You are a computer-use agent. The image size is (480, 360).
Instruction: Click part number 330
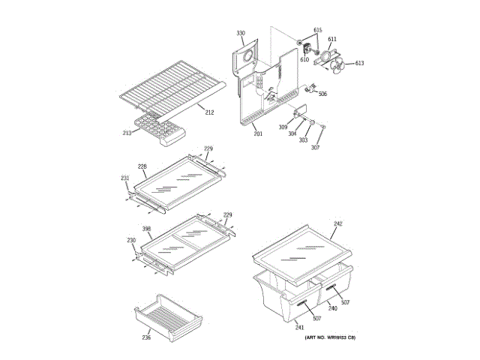[241, 34]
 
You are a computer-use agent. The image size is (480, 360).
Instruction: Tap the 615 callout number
[318, 30]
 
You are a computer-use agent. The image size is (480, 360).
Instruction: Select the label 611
[332, 39]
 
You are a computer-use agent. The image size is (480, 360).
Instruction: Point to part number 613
[359, 63]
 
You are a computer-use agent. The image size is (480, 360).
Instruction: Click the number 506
[322, 94]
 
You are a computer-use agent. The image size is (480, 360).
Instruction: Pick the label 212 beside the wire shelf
[209, 112]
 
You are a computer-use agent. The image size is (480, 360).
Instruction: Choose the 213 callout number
[127, 133]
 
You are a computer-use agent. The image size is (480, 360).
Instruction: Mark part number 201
[258, 133]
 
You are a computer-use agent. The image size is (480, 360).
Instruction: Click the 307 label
[315, 147]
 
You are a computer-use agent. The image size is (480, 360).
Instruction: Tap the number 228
[142, 166]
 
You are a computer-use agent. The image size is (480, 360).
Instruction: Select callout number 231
[125, 178]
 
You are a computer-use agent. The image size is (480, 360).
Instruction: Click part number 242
[338, 223]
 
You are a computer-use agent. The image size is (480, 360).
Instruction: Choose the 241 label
[300, 327]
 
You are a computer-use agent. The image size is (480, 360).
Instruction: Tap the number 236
[147, 337]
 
